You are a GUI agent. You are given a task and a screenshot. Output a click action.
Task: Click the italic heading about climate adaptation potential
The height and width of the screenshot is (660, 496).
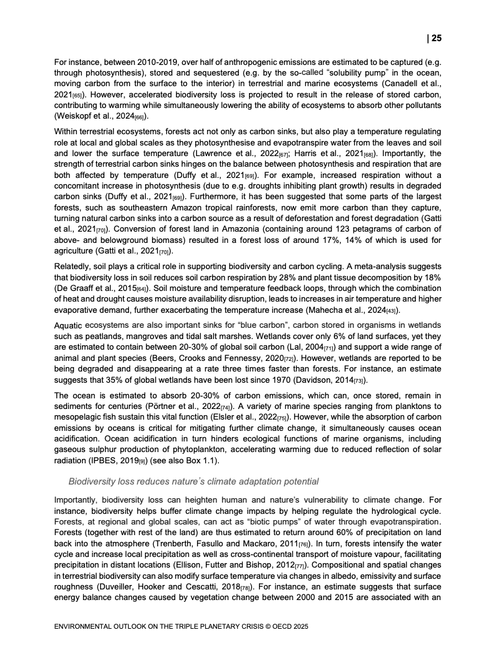coord(193,481)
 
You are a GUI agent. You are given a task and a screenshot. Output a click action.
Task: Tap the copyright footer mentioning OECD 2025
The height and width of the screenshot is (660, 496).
coord(181,625)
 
